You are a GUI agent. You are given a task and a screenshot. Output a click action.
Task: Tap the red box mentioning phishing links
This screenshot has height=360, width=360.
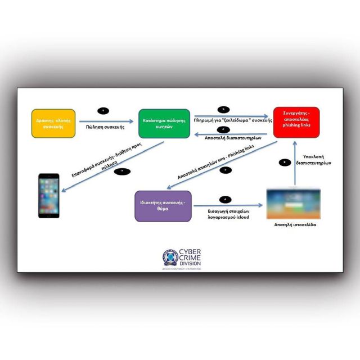[296, 121]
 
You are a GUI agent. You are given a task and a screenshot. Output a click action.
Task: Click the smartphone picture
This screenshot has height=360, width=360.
[48, 196]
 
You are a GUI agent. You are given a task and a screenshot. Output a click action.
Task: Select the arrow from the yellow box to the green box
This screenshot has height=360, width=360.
[106, 120]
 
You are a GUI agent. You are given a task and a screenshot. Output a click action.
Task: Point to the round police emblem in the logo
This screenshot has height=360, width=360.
[171, 257]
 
